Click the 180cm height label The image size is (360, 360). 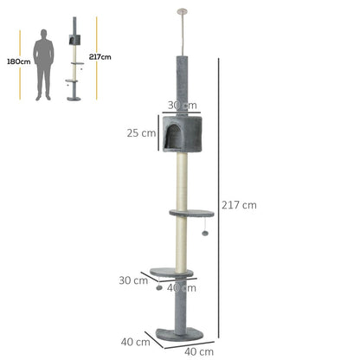19,61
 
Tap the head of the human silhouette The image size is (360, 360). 43,34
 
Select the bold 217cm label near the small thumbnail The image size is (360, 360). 100,57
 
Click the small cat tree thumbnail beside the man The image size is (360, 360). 74,59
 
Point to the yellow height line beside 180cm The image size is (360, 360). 20,65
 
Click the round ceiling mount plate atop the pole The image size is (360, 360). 182,12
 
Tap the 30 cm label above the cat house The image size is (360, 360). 183,106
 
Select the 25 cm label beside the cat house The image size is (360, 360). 141,133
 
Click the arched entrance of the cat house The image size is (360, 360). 174,137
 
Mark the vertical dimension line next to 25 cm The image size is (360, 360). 158,132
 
